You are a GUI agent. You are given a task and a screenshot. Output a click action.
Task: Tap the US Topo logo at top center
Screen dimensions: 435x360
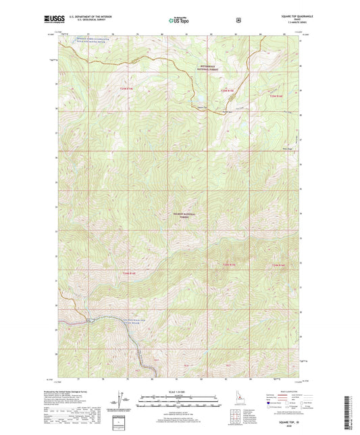(x=180, y=21)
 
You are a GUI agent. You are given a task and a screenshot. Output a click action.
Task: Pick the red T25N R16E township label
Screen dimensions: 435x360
(x=277, y=97)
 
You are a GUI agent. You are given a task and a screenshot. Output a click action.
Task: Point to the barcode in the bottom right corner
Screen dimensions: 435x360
(x=350, y=412)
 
